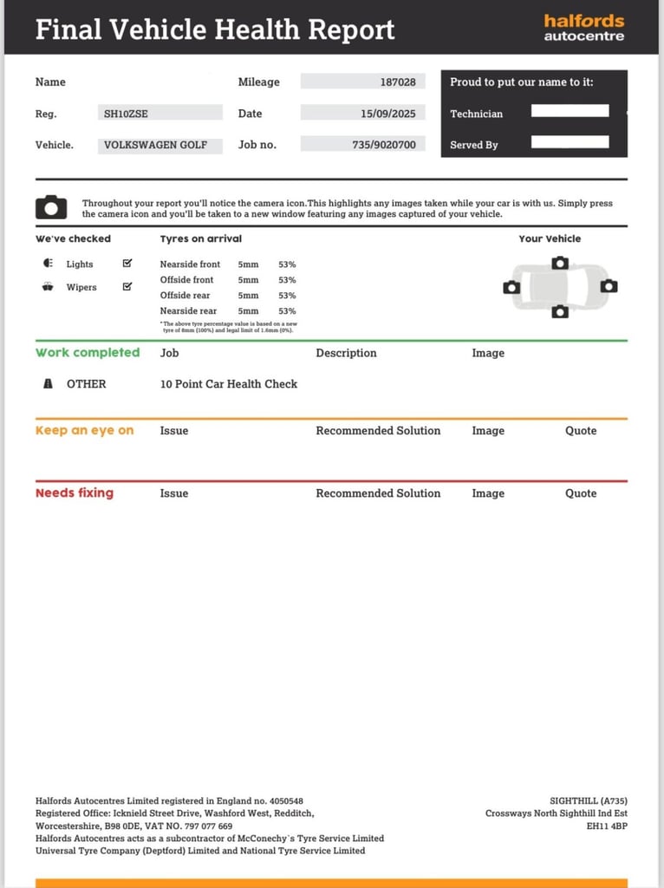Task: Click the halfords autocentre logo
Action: [x=583, y=28]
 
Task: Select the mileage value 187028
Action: [x=398, y=82]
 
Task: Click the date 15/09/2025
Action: [x=388, y=114]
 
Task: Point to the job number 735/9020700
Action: [x=384, y=145]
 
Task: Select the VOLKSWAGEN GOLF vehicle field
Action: [x=156, y=145]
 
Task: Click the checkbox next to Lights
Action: [x=127, y=264]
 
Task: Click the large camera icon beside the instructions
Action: [x=51, y=207]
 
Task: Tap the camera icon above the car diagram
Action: [x=560, y=263]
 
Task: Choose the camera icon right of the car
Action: [x=609, y=286]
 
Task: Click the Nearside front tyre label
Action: [x=190, y=264]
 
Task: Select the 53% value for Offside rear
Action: [x=287, y=296]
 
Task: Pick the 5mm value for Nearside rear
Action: [x=248, y=311]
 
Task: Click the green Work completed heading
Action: [x=88, y=353]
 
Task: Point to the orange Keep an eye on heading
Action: [x=85, y=431]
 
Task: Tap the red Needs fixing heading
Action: [x=75, y=493]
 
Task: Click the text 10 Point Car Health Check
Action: [x=229, y=384]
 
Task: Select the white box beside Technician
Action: [x=570, y=111]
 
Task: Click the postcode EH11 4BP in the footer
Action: [x=607, y=826]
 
